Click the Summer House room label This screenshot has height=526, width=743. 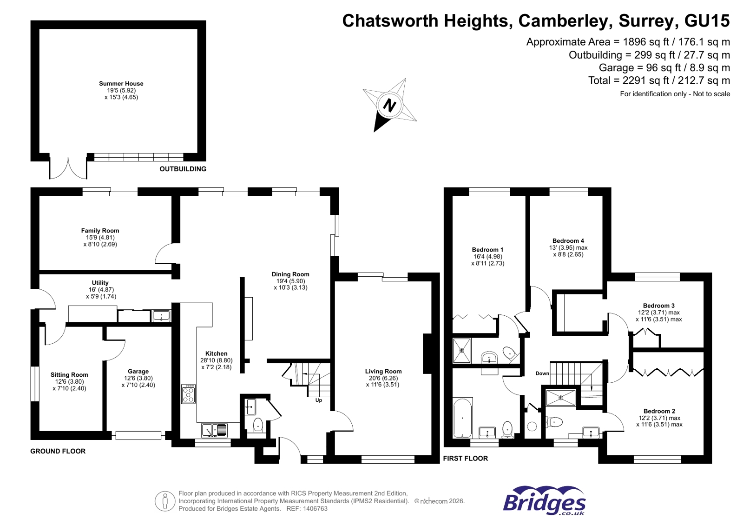coord(121,84)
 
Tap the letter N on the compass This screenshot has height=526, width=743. coord(389,105)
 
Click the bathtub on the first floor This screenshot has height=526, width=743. coord(462,418)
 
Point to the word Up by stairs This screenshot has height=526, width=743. coord(319,400)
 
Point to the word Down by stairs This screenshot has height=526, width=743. coord(542,373)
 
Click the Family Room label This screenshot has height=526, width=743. coord(100,231)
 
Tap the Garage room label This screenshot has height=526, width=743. coord(138,372)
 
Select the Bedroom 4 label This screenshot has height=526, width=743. coord(568,241)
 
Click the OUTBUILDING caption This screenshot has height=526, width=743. coord(183,169)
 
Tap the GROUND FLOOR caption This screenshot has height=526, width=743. coord(58,451)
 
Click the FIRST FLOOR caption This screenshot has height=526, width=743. coord(465,459)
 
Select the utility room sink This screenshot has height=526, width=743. coord(161,317)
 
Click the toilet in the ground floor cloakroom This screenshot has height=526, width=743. coord(258,425)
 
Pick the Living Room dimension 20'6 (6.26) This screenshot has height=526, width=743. coord(383,378)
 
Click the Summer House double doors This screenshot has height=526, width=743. coord(68,169)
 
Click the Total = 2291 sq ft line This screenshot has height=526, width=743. coord(658,80)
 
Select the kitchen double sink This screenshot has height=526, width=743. coord(215,430)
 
